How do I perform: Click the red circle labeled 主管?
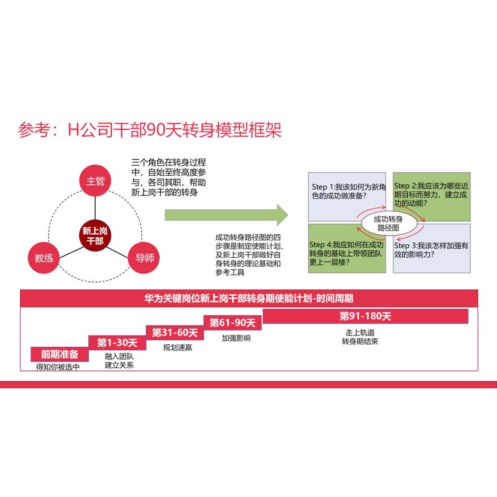coord(96,181)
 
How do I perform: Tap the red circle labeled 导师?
coord(144,258)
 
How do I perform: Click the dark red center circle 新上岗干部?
coord(95,235)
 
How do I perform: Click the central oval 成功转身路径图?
coord(388,224)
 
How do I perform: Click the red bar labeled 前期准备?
coord(60,354)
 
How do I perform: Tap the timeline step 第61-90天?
coord(232,322)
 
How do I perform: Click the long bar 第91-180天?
coord(365,316)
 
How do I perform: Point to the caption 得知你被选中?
coord(58,367)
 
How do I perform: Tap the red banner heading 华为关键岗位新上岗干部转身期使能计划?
coord(248,298)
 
